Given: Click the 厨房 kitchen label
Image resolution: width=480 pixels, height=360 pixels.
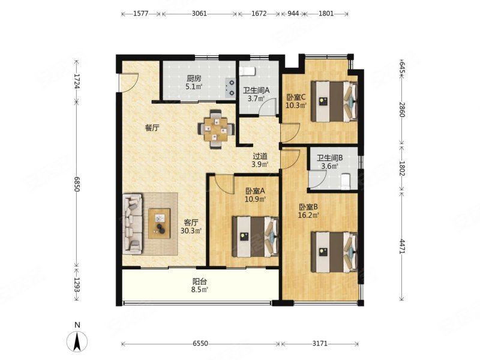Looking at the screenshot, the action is pos(194,79).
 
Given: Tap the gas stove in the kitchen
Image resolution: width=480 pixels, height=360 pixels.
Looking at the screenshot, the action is pos(230,88).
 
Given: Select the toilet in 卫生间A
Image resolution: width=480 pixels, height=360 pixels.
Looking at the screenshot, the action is pos(247,71).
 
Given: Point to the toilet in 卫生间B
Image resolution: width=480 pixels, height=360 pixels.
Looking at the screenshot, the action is pos(345,181).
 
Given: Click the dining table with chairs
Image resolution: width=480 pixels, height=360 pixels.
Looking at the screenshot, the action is pos(217,129).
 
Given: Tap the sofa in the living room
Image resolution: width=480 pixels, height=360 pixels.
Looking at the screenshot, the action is pos(133,223).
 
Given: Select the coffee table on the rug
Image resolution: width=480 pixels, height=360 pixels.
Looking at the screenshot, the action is pos(159,223).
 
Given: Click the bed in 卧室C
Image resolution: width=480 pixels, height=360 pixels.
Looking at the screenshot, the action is pos(334,101).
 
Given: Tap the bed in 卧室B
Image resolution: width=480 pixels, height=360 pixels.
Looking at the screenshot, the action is pos(334,252).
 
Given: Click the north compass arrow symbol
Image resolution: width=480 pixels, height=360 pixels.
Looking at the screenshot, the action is pos(77,341).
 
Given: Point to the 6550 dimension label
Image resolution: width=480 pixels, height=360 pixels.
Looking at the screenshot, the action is pos(200,343).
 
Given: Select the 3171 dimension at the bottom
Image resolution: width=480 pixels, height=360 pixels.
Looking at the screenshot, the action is pos(320,343).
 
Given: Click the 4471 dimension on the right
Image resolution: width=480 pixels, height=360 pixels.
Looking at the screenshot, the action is pos(402,246).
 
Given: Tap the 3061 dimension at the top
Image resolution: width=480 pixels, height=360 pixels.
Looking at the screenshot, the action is pos(199,13).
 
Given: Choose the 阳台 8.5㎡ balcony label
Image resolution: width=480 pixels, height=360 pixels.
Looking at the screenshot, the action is pos(200,286).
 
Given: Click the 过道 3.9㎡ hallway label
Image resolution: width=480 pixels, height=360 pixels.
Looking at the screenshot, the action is pos(260,160).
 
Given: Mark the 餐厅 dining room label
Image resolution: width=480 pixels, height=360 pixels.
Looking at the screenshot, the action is pos(152,128).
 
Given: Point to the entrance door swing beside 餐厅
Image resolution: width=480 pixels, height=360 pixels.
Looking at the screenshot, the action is pos(129,82).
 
